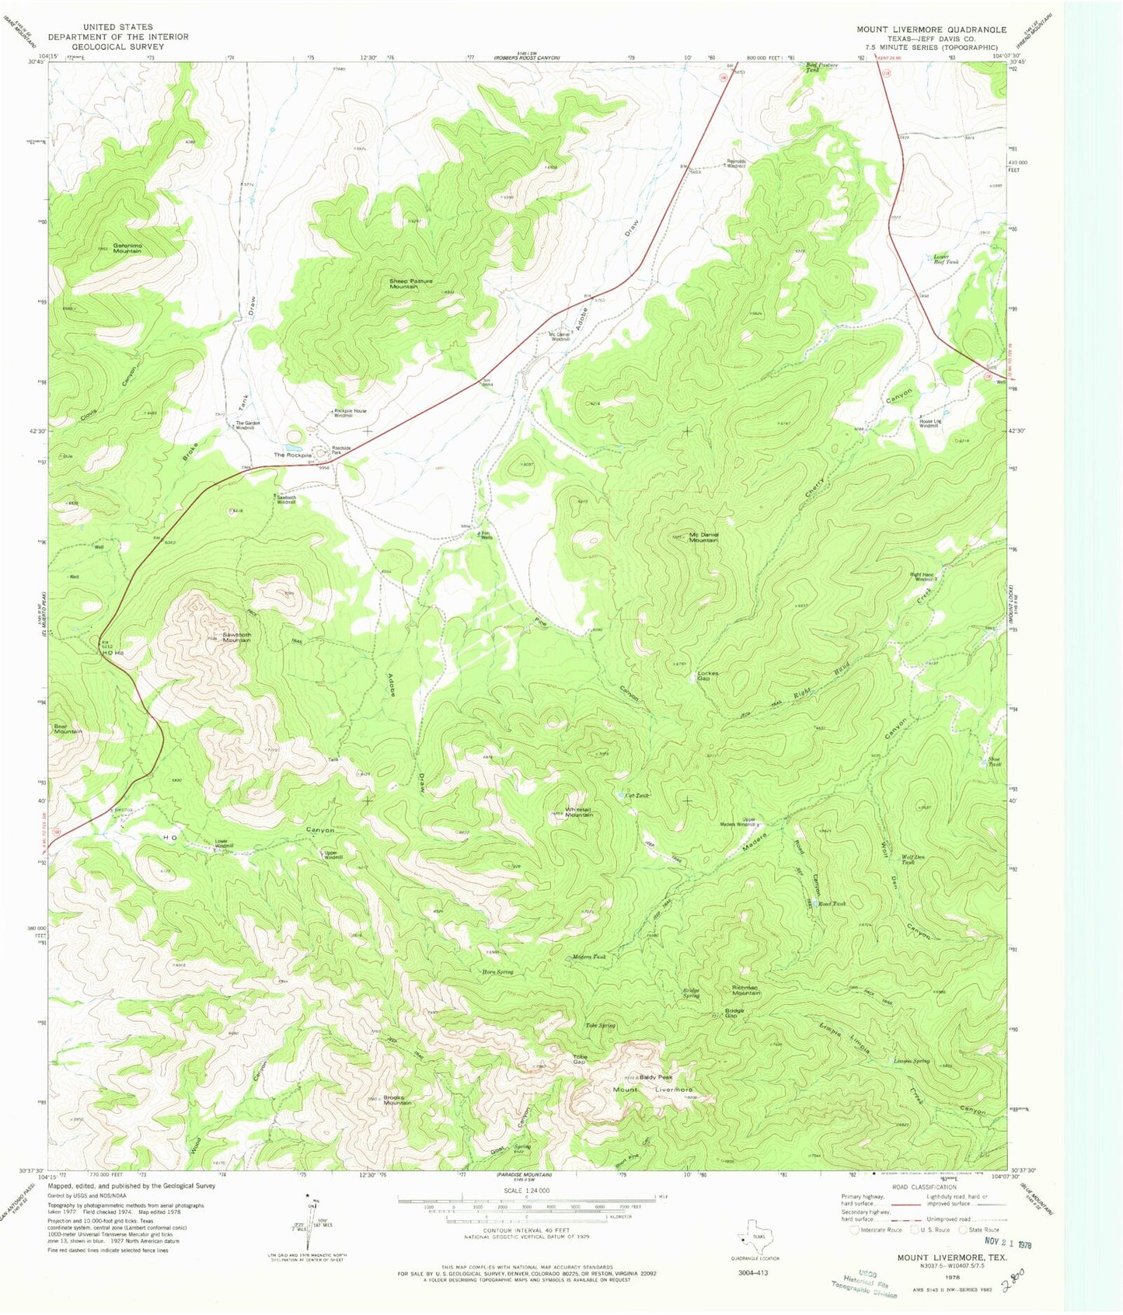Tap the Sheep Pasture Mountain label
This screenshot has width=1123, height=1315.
point(411,284)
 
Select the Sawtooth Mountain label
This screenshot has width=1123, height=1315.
point(225,637)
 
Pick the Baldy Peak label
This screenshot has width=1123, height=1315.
point(655,1077)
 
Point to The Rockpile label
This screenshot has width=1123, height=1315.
point(292,455)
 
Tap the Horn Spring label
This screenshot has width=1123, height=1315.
point(497,972)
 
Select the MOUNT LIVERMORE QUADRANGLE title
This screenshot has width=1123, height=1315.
point(931,30)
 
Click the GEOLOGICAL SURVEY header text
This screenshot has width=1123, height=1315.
point(117,47)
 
